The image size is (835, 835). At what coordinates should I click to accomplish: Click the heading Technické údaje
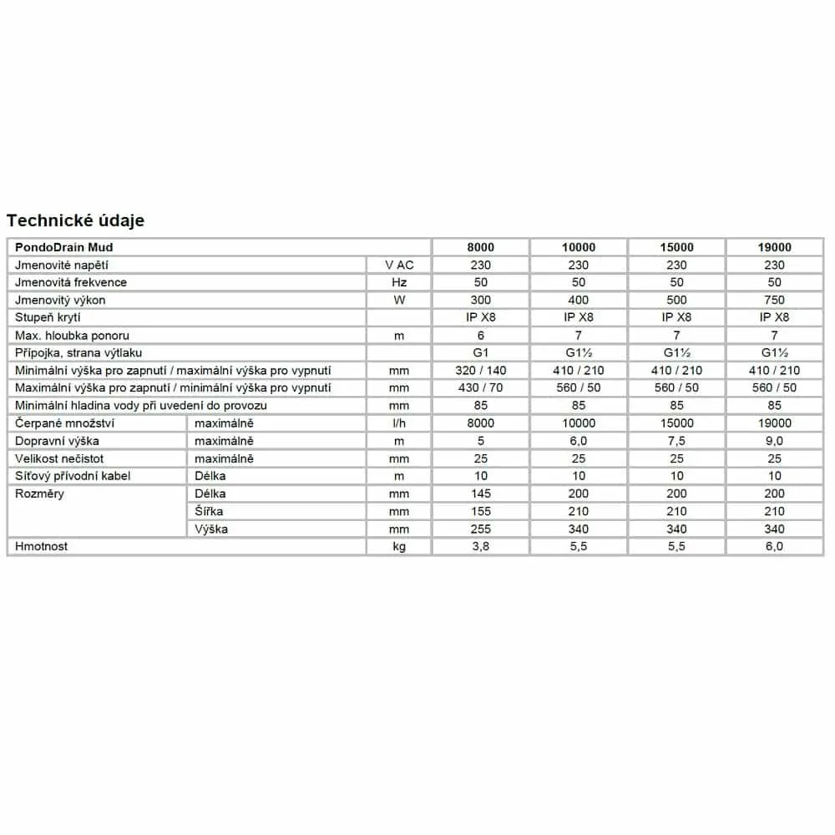tap(76, 220)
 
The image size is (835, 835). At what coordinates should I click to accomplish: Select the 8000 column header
tap(480, 247)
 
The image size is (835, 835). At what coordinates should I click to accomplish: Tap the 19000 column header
tap(774, 247)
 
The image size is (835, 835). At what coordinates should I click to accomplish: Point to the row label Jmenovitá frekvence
tap(71, 282)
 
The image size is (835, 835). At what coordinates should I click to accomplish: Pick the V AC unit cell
tap(399, 265)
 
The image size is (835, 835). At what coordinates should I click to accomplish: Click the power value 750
tap(774, 300)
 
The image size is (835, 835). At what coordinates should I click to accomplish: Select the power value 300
tap(480, 300)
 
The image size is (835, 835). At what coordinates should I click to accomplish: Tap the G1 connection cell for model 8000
tap(480, 353)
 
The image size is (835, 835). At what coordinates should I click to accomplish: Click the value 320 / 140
tap(480, 371)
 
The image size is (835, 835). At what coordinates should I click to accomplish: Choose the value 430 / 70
tap(480, 388)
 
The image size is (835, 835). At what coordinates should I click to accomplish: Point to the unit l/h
tap(399, 423)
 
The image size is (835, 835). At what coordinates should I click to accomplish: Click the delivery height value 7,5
tap(676, 441)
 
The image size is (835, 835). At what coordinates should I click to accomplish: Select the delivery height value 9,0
tap(774, 441)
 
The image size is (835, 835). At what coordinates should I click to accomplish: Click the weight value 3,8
tap(480, 546)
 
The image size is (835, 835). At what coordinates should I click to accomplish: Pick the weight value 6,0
tap(774, 546)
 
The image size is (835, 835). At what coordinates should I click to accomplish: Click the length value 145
tap(480, 493)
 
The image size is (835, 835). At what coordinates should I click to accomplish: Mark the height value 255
tap(480, 529)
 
